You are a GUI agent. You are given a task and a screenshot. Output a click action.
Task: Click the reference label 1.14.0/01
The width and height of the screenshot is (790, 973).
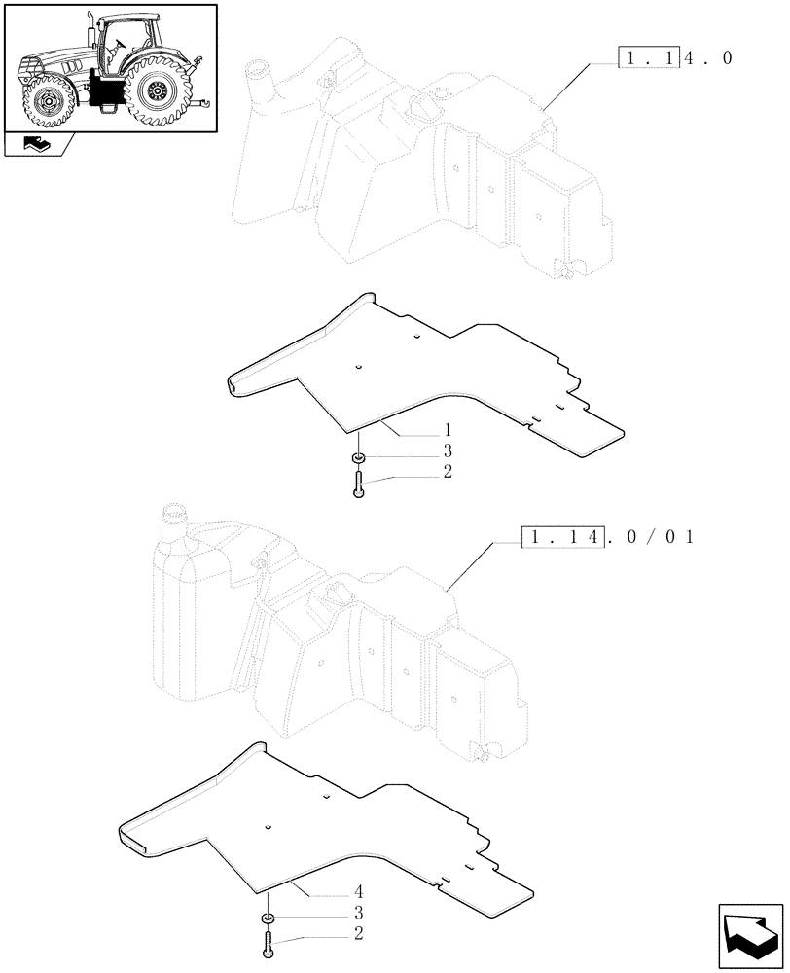tap(607, 536)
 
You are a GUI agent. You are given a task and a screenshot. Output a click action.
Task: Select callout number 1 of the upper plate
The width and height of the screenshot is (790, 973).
tap(447, 429)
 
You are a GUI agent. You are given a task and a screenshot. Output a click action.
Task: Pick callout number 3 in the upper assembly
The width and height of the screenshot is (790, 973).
tap(447, 450)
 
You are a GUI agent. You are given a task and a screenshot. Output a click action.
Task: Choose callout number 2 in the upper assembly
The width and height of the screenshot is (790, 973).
tap(447, 472)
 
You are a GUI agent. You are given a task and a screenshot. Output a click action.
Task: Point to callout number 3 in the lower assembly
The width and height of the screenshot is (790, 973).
tap(358, 913)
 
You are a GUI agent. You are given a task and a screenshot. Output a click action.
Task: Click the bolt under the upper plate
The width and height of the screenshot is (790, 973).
tap(359, 482)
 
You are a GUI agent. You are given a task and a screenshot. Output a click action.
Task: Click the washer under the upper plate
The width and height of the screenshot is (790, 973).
tap(359, 458)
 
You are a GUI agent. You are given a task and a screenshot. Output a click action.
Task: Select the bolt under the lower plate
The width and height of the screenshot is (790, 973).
tap(266, 942)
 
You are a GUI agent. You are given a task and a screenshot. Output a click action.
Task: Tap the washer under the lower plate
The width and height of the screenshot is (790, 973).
tap(266, 919)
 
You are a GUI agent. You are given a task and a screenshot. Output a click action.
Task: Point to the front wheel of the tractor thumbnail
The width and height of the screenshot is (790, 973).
tap(45, 101)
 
